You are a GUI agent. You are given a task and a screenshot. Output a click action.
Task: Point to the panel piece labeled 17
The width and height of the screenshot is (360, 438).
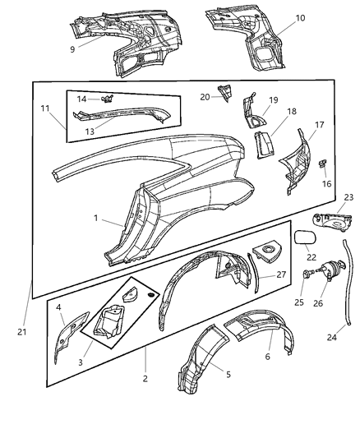(298, 164)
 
